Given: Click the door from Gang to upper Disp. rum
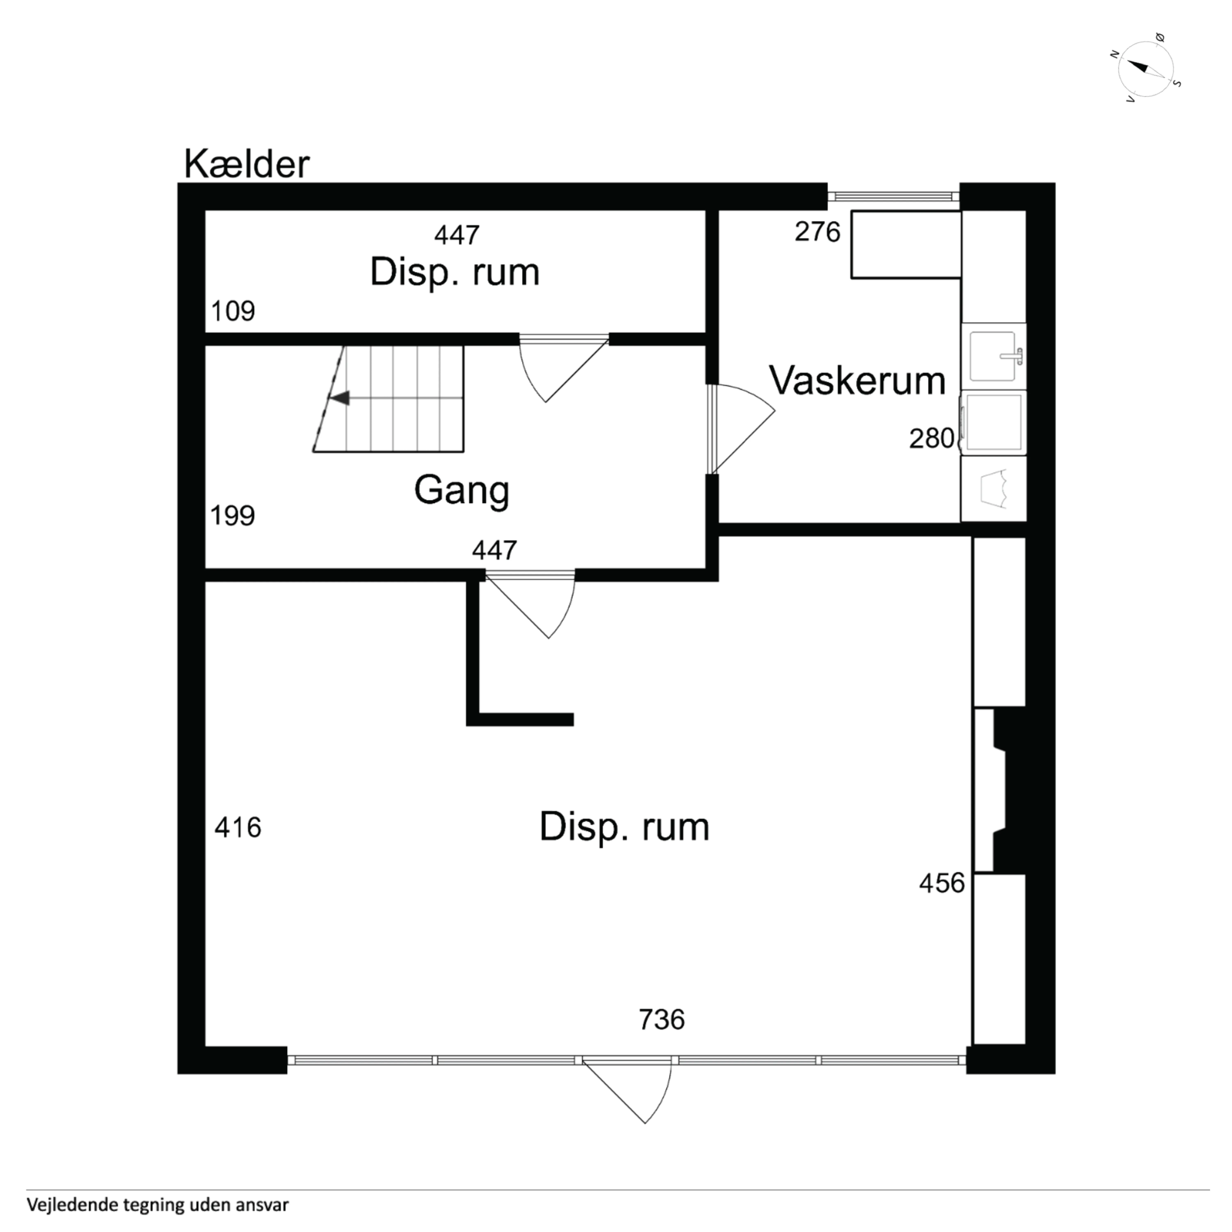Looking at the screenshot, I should (561, 370).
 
